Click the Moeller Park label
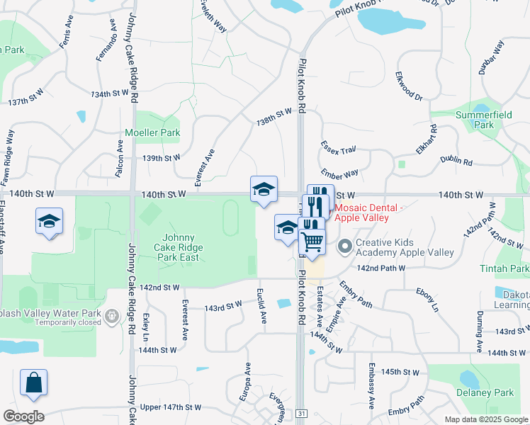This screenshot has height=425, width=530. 152,132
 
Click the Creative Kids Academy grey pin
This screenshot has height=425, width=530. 345,247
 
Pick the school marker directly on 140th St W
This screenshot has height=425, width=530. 264,189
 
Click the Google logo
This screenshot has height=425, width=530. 23,416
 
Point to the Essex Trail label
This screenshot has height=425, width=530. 338,149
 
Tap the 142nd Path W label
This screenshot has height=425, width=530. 381,268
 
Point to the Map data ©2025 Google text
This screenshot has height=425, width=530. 486,419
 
